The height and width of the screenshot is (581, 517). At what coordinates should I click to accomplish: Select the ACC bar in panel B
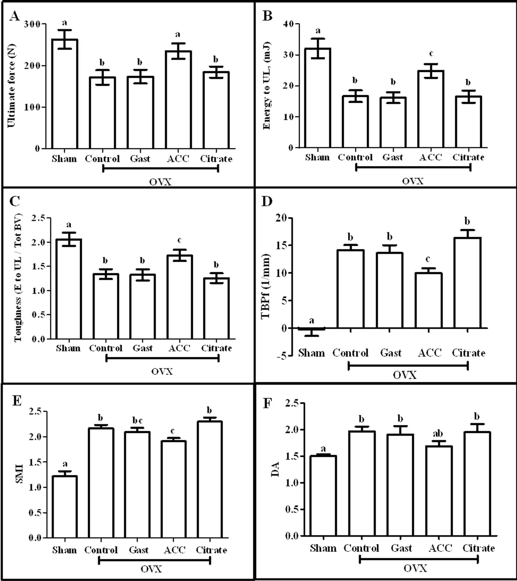pos(431,109)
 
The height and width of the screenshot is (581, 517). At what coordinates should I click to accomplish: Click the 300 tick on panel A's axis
pos(32,24)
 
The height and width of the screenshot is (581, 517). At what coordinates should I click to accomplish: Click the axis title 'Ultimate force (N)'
pos(12,86)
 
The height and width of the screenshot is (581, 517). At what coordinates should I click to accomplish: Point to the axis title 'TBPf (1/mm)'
pos(265,286)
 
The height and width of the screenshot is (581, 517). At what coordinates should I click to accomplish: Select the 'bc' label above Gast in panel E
pos(137,421)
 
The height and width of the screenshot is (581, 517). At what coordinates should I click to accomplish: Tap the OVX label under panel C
pos(162,371)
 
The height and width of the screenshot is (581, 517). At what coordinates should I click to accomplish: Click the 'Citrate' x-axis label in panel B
pos(468,157)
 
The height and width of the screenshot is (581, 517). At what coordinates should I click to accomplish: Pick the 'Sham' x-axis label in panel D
pos(311,353)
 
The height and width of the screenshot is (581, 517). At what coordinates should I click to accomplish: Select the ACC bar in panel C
pos(180,297)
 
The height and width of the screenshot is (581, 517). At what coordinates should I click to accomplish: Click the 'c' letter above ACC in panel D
pos(428,259)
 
